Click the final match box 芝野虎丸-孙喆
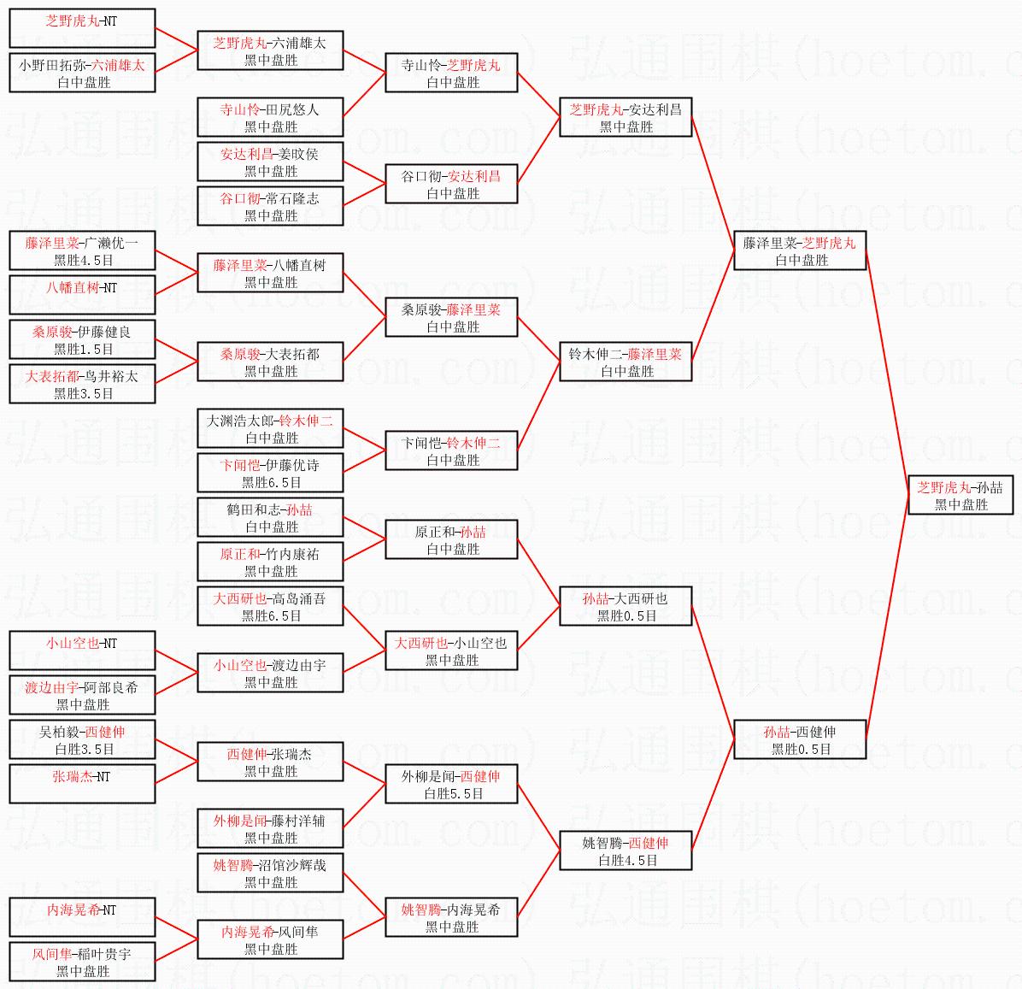tap(960, 496)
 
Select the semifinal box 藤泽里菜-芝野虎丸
tap(800, 250)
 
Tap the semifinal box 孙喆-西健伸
tap(800, 739)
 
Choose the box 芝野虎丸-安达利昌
tap(626, 117)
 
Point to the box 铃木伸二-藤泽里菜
tap(626, 362)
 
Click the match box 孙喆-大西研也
tap(626, 606)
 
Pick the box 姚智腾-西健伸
tap(626, 851)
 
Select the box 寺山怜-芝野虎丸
tap(452, 73)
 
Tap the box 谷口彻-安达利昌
tap(452, 184)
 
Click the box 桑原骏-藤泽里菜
tap(452, 317)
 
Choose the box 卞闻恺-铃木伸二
tap(452, 450)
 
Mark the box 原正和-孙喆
tap(452, 540)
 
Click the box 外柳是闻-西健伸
tap(452, 785)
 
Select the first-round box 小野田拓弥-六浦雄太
tap(82, 73)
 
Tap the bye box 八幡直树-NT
tap(82, 295)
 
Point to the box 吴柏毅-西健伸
tap(82, 739)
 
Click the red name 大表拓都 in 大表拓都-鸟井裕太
tap(52, 376)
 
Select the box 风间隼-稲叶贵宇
tap(82, 962)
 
